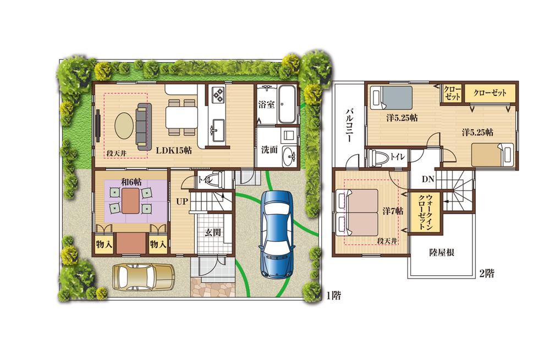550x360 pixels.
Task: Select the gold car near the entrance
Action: [142, 275]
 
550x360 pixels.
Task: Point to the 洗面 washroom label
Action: [269, 149]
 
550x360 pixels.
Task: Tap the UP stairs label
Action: [182, 203]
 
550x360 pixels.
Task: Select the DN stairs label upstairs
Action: [428, 179]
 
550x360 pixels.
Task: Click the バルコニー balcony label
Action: [349, 126]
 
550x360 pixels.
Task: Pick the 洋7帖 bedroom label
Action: [393, 211]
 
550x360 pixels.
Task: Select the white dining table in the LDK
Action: [181, 117]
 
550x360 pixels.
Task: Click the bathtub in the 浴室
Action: [287, 105]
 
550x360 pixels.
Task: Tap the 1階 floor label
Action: [333, 296]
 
